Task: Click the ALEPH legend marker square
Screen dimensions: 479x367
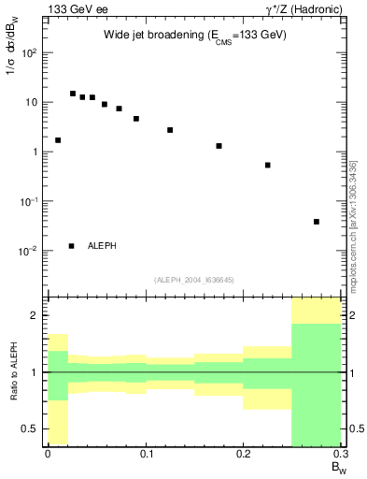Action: (72, 246)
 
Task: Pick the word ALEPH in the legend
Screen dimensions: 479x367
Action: (102, 246)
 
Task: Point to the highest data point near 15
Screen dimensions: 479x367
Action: (73, 94)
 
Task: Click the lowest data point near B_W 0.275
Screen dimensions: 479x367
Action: (317, 222)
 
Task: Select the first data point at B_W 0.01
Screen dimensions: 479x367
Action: (58, 140)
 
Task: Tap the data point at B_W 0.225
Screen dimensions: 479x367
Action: (268, 165)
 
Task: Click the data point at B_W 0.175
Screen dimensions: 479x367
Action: (219, 146)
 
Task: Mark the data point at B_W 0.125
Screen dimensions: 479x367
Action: (170, 130)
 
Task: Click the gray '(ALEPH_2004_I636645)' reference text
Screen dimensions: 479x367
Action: (194, 281)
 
